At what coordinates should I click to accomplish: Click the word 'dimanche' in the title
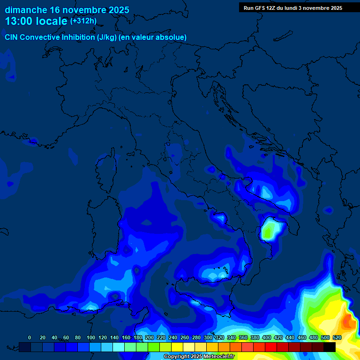point(26,10)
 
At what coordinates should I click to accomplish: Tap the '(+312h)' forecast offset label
point(83,21)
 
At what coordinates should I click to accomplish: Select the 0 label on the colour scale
point(30,337)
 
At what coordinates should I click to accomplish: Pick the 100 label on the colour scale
point(90,337)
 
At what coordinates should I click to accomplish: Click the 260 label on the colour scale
point(184,337)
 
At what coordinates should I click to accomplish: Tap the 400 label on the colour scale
point(267,337)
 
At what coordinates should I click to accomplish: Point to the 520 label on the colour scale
point(337,337)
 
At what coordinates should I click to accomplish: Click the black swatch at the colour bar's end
point(330,347)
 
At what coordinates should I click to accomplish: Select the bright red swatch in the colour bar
point(271,347)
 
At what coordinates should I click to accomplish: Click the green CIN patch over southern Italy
point(269,231)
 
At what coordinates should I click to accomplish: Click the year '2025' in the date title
point(117,10)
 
